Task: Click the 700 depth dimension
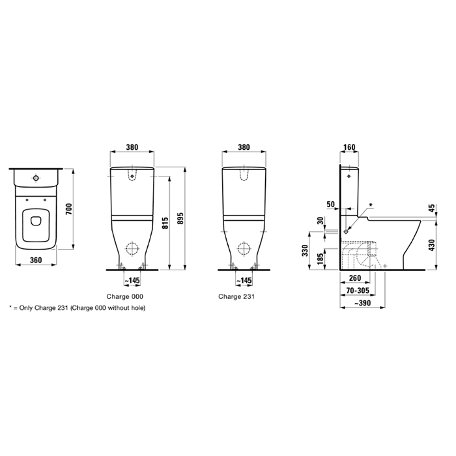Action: point(68,209)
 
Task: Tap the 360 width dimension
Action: point(36,260)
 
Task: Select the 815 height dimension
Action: point(165,223)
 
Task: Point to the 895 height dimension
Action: point(180,218)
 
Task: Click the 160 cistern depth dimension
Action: point(349,147)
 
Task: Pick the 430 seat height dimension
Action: point(431,245)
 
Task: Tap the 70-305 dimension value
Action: point(358,291)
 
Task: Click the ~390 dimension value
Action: point(362,303)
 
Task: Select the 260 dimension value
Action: point(355,278)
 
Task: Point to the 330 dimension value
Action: point(305,250)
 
